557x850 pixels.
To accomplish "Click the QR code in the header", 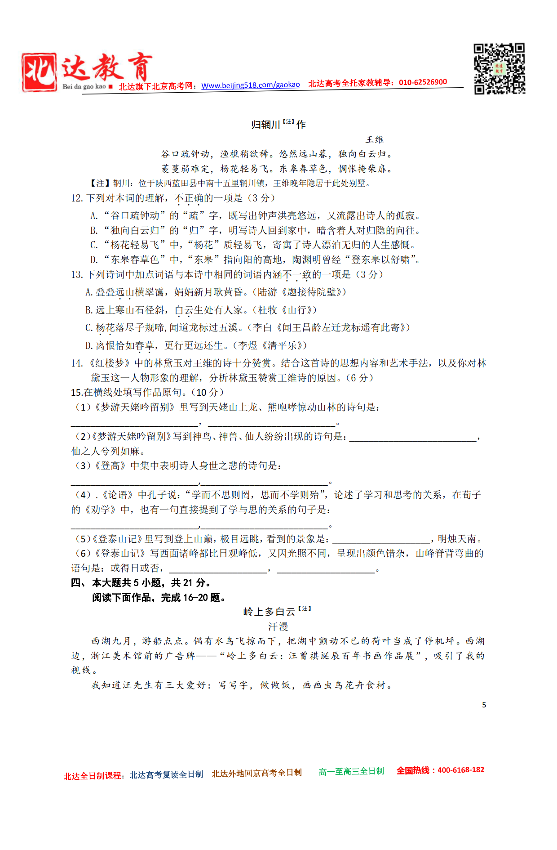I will (500, 69).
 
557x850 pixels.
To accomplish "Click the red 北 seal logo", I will (39, 72).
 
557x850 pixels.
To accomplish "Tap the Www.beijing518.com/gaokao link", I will (250, 85).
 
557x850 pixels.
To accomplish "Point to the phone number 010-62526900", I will (423, 82).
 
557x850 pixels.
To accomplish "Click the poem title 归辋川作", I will (278, 124).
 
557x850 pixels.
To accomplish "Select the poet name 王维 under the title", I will (375, 140).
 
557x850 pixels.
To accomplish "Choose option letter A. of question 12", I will (94, 216).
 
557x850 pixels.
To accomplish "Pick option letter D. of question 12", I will (94, 260).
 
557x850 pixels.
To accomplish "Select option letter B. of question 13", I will (89, 310).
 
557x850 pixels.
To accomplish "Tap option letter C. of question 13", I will (89, 328).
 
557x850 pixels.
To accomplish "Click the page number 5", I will (484, 705).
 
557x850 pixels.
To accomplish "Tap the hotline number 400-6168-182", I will (461, 770).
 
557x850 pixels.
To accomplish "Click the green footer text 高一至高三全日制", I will (351, 772).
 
